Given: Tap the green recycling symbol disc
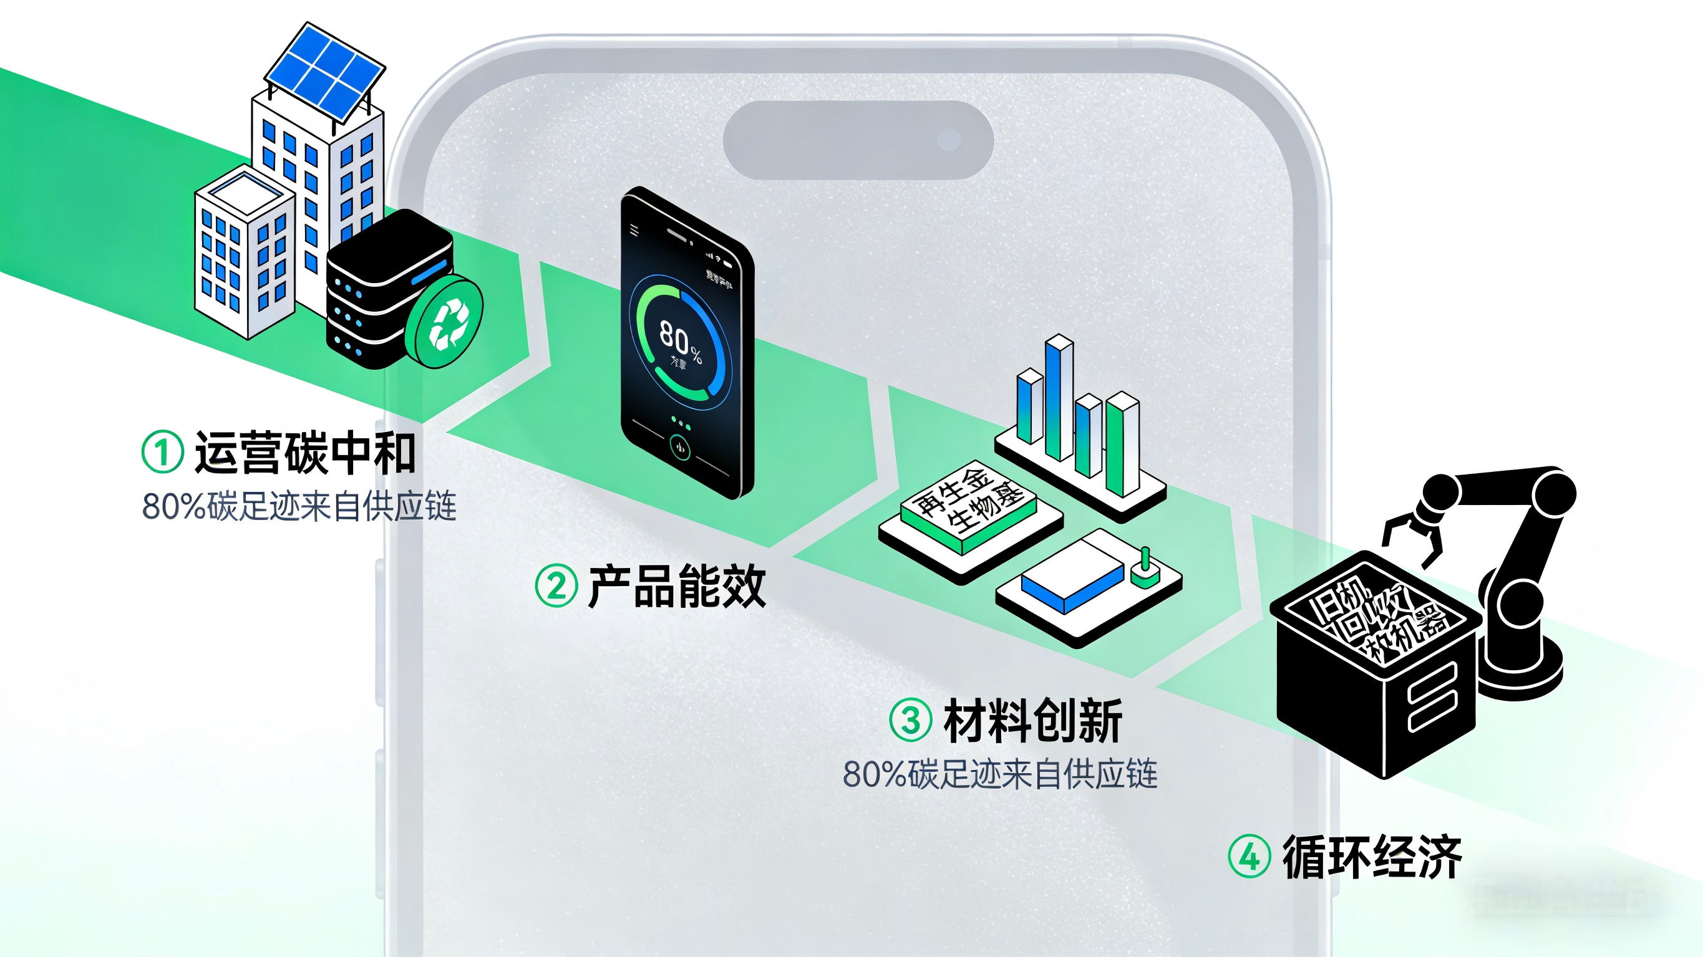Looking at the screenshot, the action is click(445, 323).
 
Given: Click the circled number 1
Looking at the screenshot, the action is click(162, 453).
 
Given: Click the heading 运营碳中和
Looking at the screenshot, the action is click(306, 453).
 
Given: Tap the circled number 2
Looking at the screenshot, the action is click(556, 585).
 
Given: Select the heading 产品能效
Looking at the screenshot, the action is click(676, 586).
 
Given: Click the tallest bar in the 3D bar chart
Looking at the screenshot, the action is click(1059, 397).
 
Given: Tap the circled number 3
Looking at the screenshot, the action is click(910, 720).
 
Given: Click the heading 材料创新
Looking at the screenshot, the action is click(1032, 721).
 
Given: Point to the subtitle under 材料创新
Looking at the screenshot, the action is click(999, 774).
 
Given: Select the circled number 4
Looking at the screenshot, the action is click(1249, 857).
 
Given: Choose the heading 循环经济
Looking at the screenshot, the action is click(1372, 857).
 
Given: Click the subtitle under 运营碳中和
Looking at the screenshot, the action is click(299, 506).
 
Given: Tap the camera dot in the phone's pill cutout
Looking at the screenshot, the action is click(949, 140).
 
